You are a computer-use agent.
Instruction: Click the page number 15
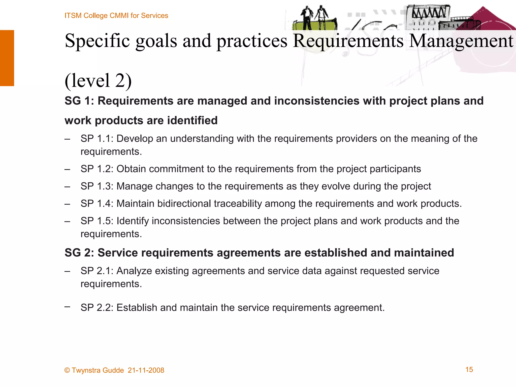coord(469,369)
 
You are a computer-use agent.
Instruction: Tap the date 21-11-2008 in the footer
coord(146,370)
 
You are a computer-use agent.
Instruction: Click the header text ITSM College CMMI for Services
coord(116,16)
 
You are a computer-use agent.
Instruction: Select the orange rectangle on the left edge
coord(7,58)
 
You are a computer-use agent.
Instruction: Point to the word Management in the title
coord(461,41)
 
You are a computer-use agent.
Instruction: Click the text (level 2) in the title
coord(98,80)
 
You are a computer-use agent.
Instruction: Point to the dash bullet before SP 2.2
coord(67,307)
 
